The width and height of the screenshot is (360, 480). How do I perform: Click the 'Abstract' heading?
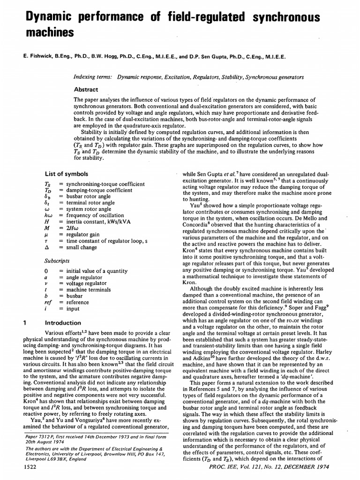point(86,90)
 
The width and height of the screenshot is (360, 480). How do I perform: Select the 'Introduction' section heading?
point(63,322)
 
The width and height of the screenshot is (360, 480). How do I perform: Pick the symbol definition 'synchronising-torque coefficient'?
point(105,184)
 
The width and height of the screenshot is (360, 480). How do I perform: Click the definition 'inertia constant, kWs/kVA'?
point(96,227)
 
